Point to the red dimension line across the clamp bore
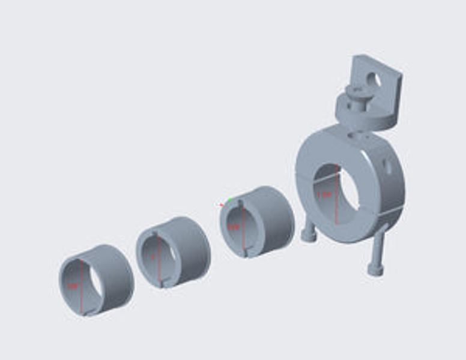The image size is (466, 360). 337,207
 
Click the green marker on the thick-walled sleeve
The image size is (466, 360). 229,199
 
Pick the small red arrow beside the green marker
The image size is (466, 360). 222,204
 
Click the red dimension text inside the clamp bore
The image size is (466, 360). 325,194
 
